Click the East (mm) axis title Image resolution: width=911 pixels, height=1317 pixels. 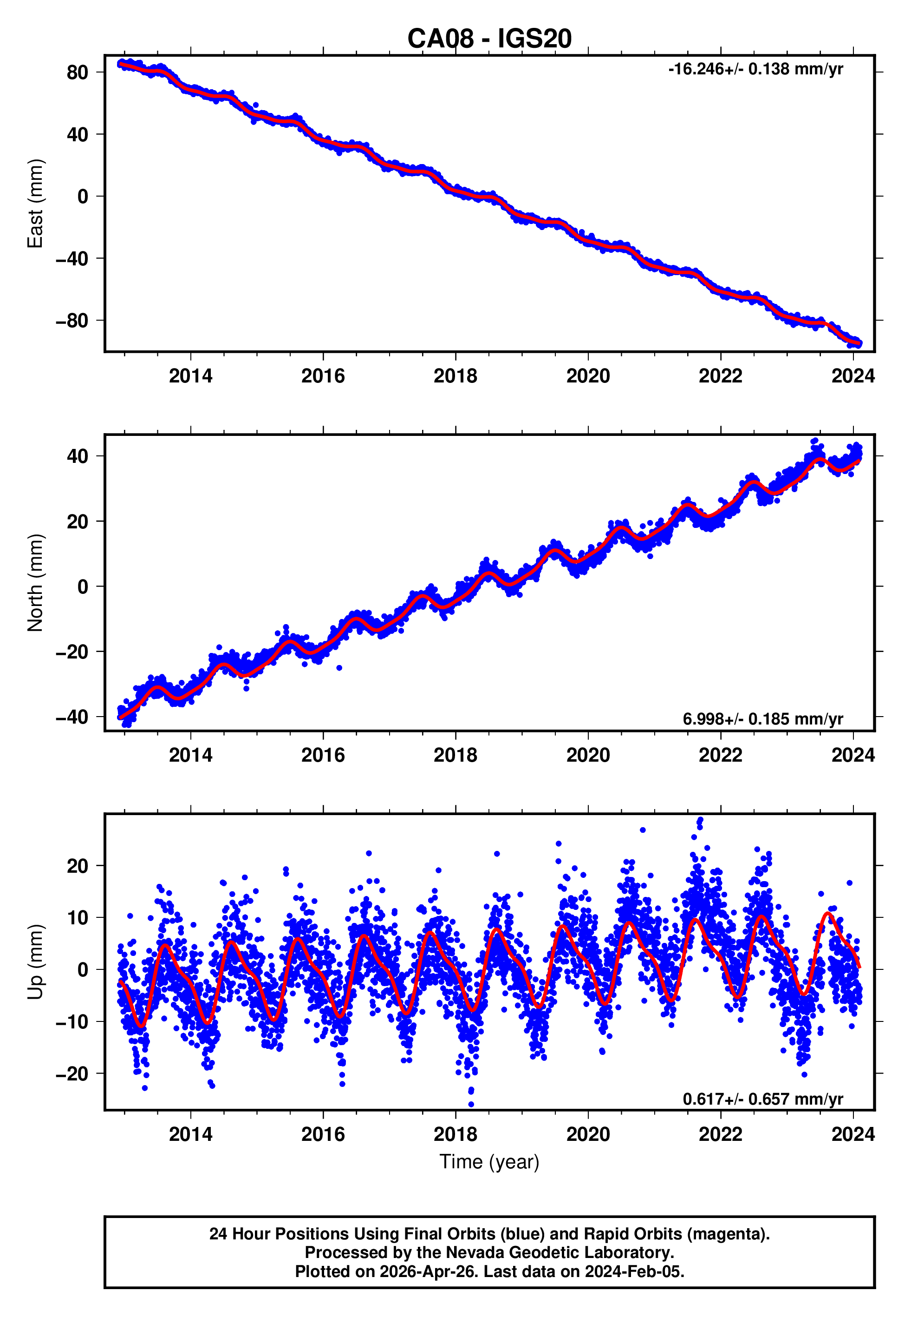tap(35, 204)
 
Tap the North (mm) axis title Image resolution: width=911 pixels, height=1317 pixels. tap(35, 583)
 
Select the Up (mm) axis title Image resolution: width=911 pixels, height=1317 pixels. tap(35, 962)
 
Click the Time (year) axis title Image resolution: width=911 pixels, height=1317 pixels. tap(489, 1162)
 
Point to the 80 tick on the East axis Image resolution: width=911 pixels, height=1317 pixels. tap(77, 72)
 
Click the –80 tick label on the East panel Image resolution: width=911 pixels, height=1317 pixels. tap(72, 321)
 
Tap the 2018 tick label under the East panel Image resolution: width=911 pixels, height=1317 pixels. tap(455, 376)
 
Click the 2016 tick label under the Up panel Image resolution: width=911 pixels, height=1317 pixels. tap(323, 1134)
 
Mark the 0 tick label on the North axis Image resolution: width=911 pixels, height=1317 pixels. tap(83, 586)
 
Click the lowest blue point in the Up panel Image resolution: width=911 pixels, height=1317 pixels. tap(471, 1105)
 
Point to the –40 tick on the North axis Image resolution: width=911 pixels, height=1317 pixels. tap(72, 717)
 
